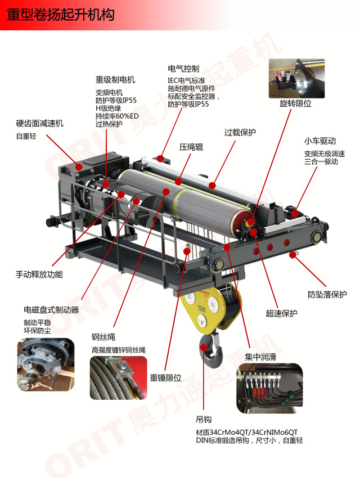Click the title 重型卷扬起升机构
(60, 15)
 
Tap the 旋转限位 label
(295, 103)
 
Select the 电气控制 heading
(183, 69)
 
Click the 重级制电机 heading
(115, 80)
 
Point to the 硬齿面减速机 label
(39, 124)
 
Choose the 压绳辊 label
(191, 147)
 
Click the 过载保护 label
(240, 133)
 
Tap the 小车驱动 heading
(320, 141)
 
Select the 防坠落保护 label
(327, 295)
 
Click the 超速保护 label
(281, 313)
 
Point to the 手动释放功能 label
(39, 274)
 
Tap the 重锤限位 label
(165, 378)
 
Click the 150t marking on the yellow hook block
(201, 309)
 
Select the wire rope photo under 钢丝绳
(118, 378)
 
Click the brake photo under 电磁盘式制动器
(46, 364)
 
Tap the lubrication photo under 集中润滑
(270, 388)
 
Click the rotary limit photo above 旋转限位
(296, 79)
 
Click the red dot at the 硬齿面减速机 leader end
(79, 167)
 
